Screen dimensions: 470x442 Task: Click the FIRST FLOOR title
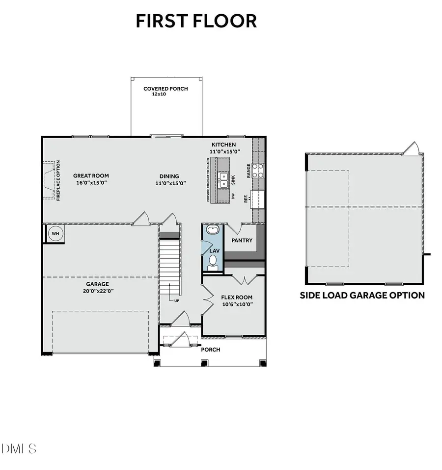(196, 21)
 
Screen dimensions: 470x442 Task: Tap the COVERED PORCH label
(166, 89)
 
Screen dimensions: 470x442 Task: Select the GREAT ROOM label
(91, 176)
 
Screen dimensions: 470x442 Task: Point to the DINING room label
(169, 176)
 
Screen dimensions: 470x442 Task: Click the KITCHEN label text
(223, 145)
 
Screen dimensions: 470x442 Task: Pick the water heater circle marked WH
(55, 233)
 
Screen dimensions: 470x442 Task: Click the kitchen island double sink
(223, 180)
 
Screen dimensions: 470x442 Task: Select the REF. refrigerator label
(246, 197)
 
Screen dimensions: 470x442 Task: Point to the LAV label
(214, 250)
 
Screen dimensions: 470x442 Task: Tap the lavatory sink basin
(213, 229)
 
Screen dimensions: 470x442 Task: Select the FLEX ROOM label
(237, 297)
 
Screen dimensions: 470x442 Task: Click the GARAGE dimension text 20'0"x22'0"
(97, 291)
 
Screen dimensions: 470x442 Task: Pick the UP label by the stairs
(176, 300)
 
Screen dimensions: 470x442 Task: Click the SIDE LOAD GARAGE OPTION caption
(362, 296)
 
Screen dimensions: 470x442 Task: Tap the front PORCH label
(211, 349)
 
